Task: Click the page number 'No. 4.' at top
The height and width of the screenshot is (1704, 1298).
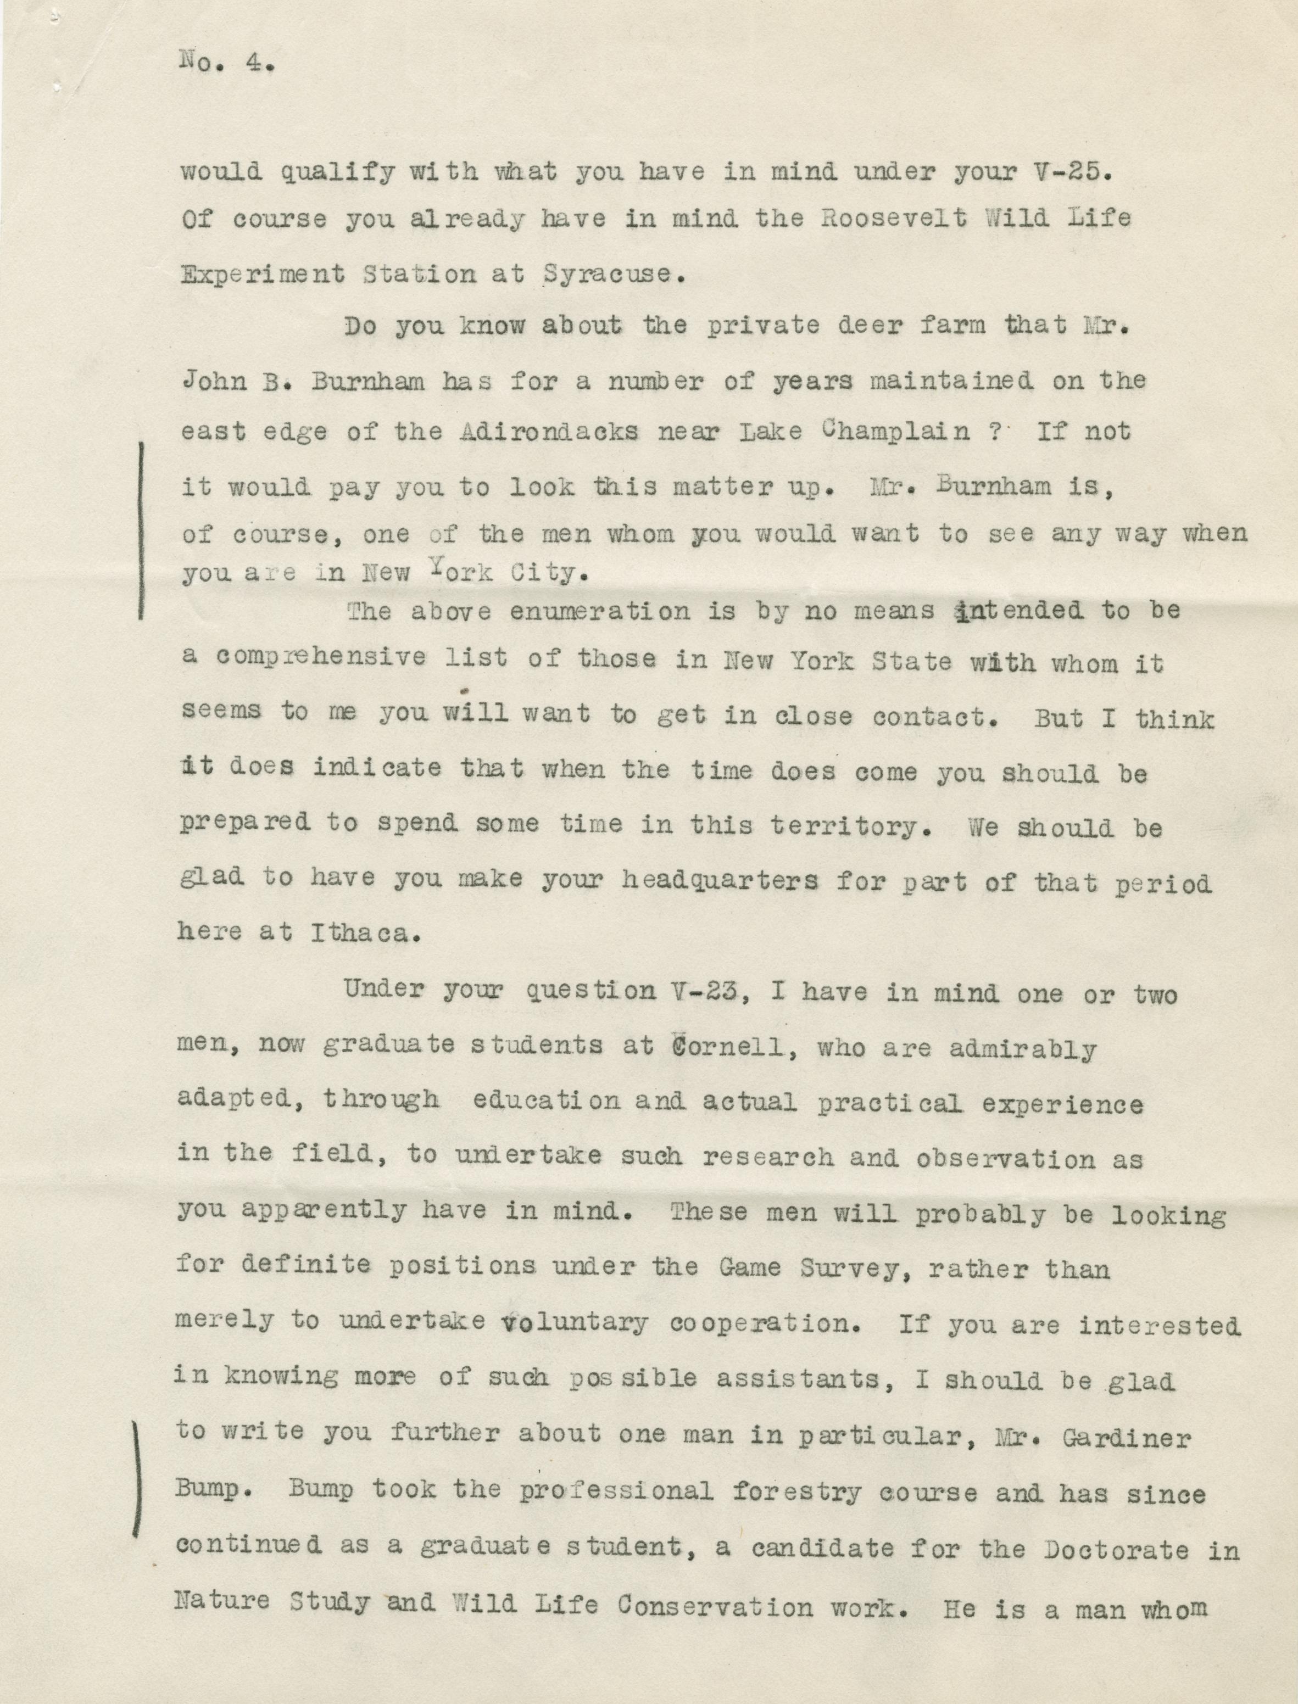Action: [x=226, y=62]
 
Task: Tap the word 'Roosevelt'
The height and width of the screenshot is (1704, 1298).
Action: [x=894, y=219]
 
